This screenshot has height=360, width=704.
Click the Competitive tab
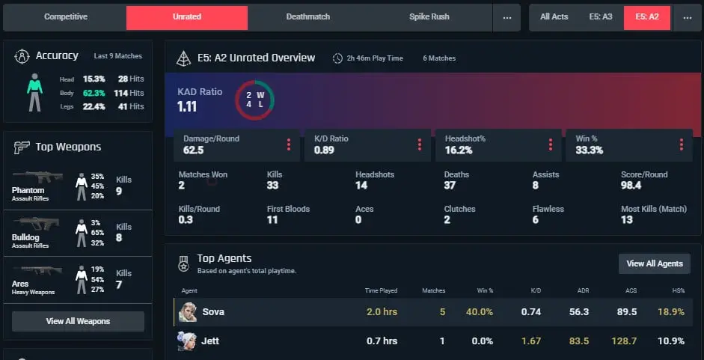(x=66, y=17)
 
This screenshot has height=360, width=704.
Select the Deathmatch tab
(x=308, y=17)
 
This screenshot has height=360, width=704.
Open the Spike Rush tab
(x=429, y=17)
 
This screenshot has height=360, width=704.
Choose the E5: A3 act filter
(x=600, y=17)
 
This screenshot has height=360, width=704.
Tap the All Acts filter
(x=554, y=17)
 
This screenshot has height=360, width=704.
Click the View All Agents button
(x=655, y=263)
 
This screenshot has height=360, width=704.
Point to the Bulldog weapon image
(x=36, y=223)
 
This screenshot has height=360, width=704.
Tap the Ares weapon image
(x=37, y=270)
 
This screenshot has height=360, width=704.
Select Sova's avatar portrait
(x=187, y=312)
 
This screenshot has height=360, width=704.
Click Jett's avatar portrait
(x=187, y=341)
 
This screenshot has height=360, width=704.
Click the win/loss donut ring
(x=254, y=81)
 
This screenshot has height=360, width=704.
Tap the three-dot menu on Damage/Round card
(x=289, y=144)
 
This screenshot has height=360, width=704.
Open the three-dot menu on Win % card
(x=682, y=144)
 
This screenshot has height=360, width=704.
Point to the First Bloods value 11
(x=272, y=220)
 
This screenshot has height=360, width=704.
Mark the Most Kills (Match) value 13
(x=627, y=220)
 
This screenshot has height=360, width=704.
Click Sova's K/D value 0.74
(x=531, y=312)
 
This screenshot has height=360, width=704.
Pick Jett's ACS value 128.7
(x=624, y=341)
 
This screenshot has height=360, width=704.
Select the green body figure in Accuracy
(x=34, y=92)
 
